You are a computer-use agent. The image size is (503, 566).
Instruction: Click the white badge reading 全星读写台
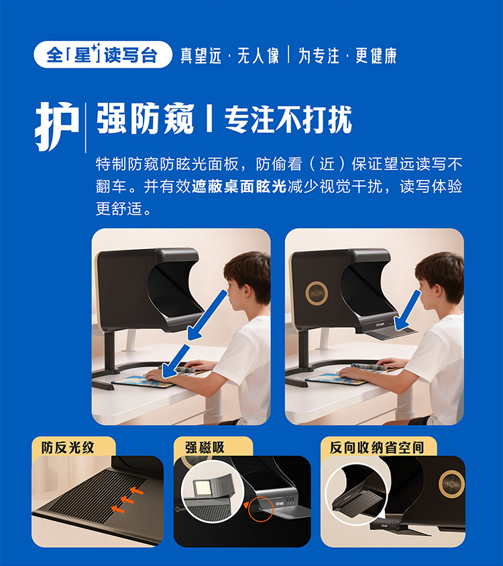tap(103, 54)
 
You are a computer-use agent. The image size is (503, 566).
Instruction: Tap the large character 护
tap(58, 126)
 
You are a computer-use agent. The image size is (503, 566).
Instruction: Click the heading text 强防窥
tap(146, 119)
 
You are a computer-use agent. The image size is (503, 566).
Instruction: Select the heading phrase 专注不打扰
tap(288, 120)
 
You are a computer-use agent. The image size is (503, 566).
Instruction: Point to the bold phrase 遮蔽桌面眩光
tap(239, 186)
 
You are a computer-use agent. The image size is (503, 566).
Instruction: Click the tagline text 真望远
tap(201, 56)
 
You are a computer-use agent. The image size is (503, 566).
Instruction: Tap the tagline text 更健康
tap(376, 56)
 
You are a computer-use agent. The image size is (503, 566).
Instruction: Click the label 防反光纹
tap(68, 448)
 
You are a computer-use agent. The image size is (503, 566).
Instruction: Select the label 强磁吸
tap(205, 448)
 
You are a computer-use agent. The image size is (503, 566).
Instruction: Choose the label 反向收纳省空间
tap(377, 448)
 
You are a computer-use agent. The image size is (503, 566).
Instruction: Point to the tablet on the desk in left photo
tap(144, 381)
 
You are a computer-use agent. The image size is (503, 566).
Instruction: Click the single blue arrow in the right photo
tap(408, 310)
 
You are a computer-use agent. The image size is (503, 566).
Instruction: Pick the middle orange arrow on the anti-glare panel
tap(127, 500)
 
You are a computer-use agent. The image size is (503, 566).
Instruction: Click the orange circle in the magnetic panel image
tap(261, 509)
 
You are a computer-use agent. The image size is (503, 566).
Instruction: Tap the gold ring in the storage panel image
tap(451, 483)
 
